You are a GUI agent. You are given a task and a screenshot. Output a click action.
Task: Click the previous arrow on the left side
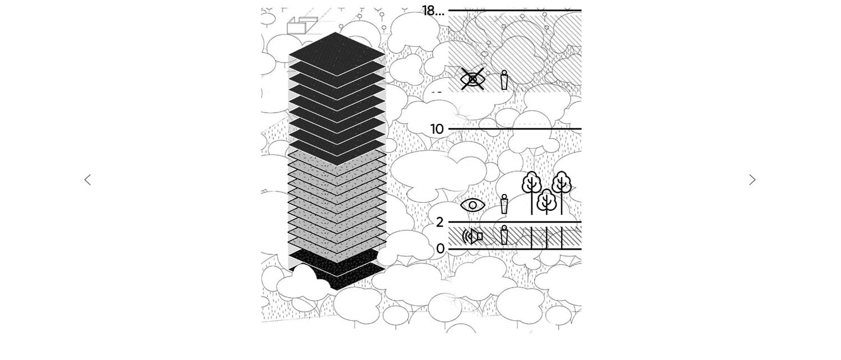[88, 180]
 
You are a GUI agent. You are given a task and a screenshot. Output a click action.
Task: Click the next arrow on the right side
[752, 180]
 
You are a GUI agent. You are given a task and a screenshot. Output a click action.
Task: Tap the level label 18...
[429, 11]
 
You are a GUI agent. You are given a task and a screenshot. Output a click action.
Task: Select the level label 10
[437, 129]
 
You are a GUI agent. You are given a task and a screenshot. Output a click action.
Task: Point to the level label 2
[440, 222]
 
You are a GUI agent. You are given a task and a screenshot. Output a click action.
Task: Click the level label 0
[440, 248]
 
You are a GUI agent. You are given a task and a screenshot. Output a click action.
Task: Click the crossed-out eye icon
[473, 79]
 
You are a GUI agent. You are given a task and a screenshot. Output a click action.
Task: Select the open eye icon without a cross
[473, 205]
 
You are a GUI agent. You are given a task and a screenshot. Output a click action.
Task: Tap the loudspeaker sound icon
[472, 237]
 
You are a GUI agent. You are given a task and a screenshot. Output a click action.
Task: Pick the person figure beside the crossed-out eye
[504, 80]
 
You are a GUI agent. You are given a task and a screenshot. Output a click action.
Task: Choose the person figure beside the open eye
[504, 204]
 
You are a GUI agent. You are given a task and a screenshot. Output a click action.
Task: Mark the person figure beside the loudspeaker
[504, 235]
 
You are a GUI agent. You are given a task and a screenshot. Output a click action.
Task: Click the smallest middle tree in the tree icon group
[546, 202]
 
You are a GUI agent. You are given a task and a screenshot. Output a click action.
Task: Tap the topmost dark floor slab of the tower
[337, 54]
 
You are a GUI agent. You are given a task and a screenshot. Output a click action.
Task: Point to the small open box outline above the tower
[302, 26]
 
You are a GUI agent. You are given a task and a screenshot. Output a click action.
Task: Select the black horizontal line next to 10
[514, 129]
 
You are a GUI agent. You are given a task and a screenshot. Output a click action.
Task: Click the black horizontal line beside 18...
[514, 11]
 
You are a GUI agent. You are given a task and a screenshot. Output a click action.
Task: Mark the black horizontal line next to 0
[514, 249]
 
